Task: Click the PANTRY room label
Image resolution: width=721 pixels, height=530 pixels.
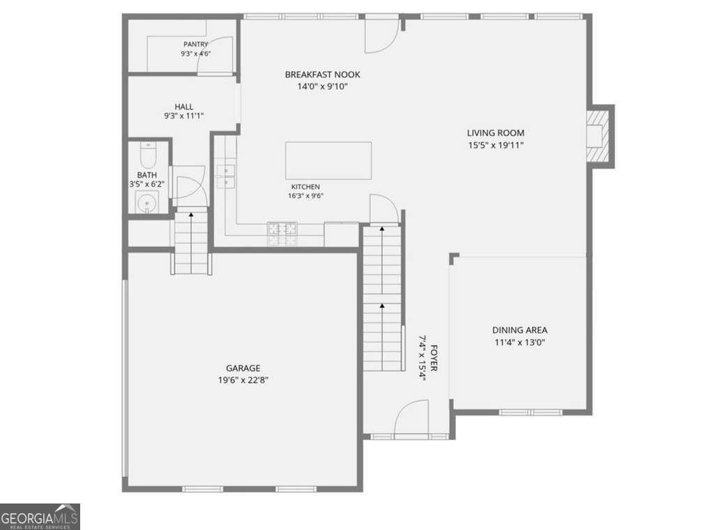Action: point(196,44)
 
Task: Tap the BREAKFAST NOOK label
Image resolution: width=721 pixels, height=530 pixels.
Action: point(322,75)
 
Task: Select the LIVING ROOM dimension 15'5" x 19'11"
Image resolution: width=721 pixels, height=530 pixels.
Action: point(496,145)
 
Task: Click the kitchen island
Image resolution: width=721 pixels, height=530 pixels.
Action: point(328,160)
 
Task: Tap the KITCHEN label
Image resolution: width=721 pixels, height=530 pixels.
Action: point(305,187)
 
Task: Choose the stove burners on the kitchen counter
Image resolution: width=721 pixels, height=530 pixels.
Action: point(282,234)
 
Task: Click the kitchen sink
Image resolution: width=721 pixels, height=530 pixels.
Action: point(225,176)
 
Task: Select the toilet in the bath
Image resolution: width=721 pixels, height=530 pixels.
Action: point(148,155)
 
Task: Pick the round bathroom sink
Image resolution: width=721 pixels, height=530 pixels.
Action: point(147,203)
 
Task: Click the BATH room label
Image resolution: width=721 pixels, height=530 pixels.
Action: point(146,175)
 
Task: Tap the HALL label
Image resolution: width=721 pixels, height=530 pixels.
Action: point(183,107)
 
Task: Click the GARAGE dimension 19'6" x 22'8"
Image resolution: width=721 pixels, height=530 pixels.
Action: point(243,380)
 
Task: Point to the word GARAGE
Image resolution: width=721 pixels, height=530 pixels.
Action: point(243,368)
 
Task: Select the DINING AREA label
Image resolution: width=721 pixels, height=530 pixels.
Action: point(519,330)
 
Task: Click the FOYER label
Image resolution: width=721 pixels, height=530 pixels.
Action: point(434,358)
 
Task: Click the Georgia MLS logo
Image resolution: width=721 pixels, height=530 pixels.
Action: point(40,517)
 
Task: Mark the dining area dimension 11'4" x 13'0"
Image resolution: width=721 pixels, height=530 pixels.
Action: point(519,342)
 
